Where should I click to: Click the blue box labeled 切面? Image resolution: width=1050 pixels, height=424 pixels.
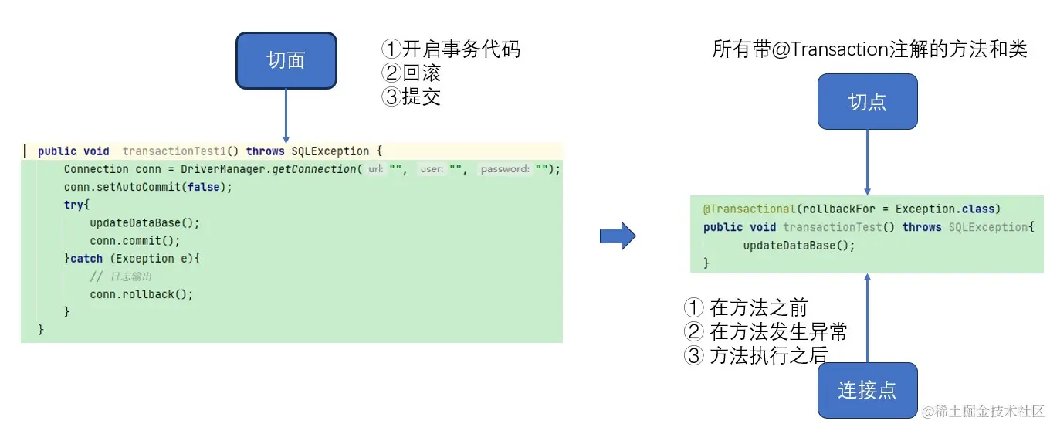(286, 60)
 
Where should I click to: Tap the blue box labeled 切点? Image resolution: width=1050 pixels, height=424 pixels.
(867, 101)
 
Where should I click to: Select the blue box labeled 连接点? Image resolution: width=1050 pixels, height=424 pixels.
(867, 390)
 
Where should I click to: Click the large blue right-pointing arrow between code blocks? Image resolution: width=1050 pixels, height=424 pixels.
(618, 236)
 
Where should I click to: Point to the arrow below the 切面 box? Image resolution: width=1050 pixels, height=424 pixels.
(286, 116)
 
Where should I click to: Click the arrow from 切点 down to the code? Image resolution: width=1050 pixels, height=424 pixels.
(867, 162)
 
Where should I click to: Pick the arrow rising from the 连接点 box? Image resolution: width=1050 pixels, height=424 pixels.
(867, 317)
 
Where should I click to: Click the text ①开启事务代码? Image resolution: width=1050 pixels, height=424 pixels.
(451, 49)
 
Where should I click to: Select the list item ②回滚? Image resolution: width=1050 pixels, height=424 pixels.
(412, 73)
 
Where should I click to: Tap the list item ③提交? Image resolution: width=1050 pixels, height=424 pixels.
(412, 97)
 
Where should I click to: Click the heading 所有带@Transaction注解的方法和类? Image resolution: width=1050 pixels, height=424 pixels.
(869, 49)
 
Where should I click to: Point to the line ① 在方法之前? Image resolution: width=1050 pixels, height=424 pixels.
(746, 308)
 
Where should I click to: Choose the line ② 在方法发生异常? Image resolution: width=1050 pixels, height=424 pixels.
(766, 332)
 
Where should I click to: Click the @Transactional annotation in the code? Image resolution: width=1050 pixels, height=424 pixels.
(749, 209)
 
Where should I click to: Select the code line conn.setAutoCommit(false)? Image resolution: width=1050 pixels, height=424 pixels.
(147, 187)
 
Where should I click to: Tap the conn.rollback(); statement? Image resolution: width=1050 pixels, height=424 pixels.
(141, 294)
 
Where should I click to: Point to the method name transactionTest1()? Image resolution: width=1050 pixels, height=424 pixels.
(181, 151)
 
